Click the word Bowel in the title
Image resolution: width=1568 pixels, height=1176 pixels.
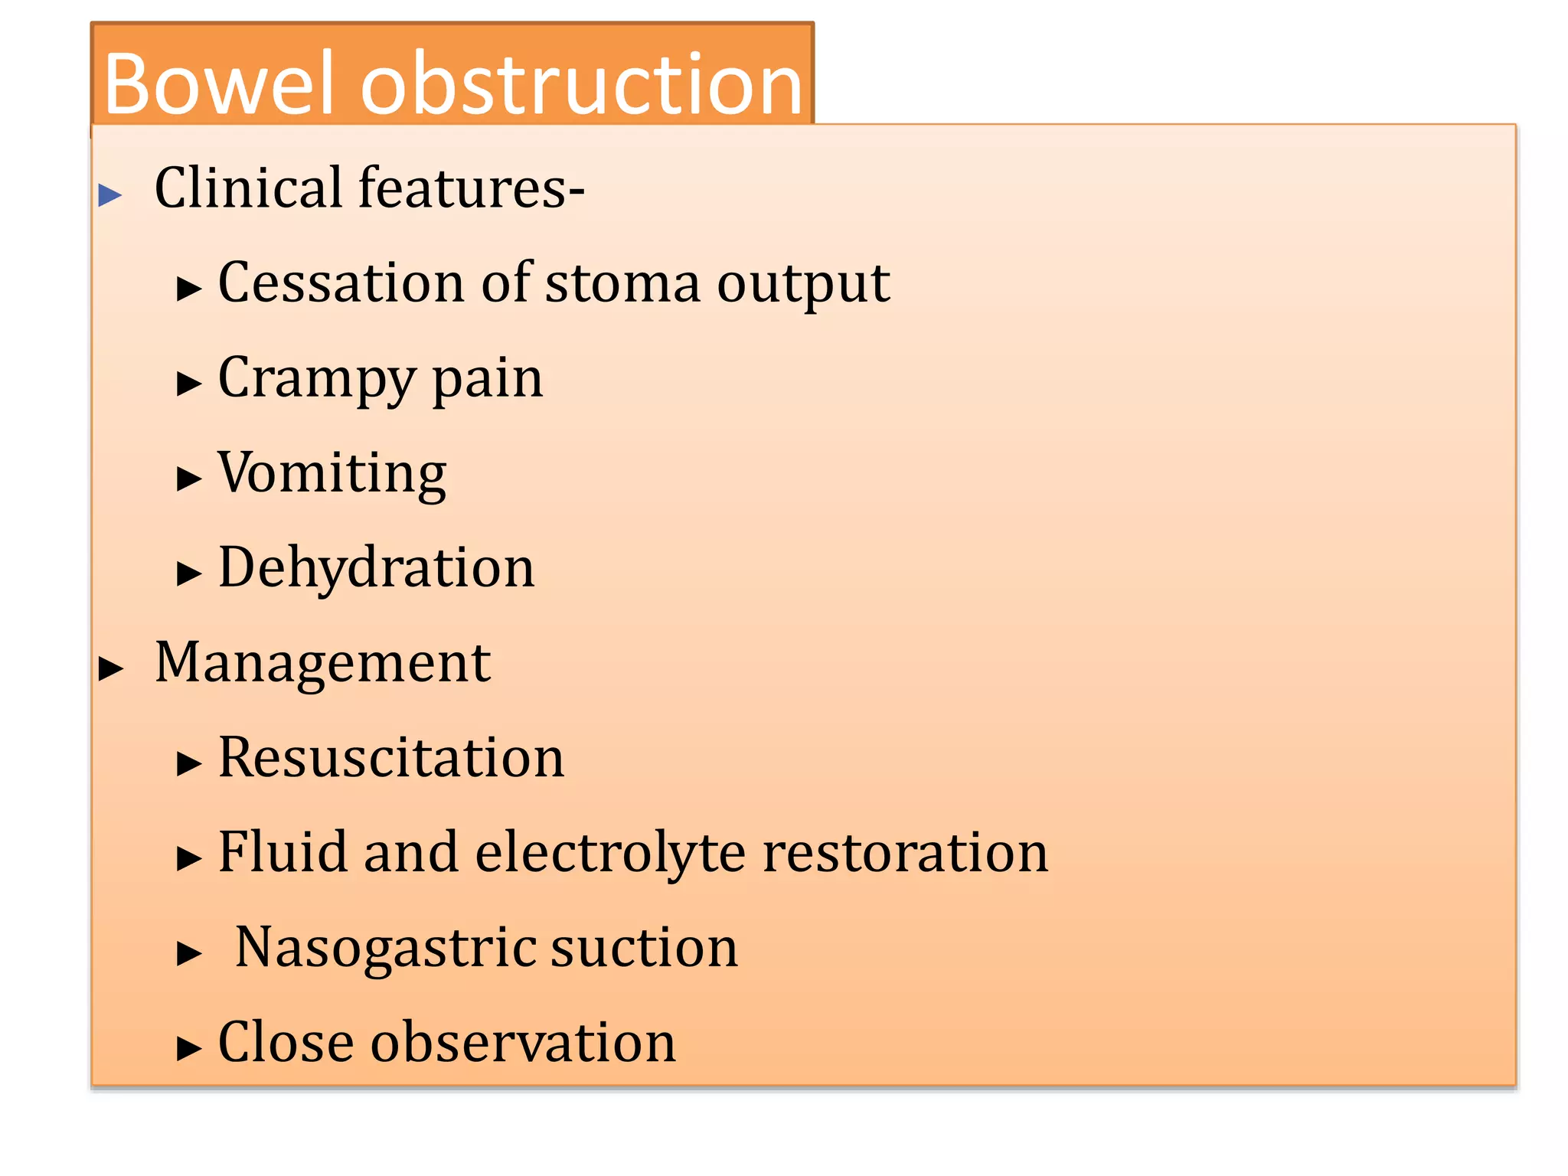[218, 84]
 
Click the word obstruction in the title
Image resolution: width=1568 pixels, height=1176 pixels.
[581, 84]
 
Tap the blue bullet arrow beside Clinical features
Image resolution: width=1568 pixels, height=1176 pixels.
[110, 195]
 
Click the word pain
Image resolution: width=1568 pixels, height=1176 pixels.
[488, 380]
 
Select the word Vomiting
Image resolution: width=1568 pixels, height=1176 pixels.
[332, 473]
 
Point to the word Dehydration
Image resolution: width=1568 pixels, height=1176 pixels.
[376, 567]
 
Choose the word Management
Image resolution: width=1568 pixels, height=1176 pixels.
[322, 663]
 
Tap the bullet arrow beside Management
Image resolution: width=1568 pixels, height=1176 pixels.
[111, 668]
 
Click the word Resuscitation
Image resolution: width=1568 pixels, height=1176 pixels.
[390, 757]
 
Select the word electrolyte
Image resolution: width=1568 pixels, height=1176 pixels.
[609, 853]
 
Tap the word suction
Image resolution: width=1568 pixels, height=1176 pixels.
[644, 947]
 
